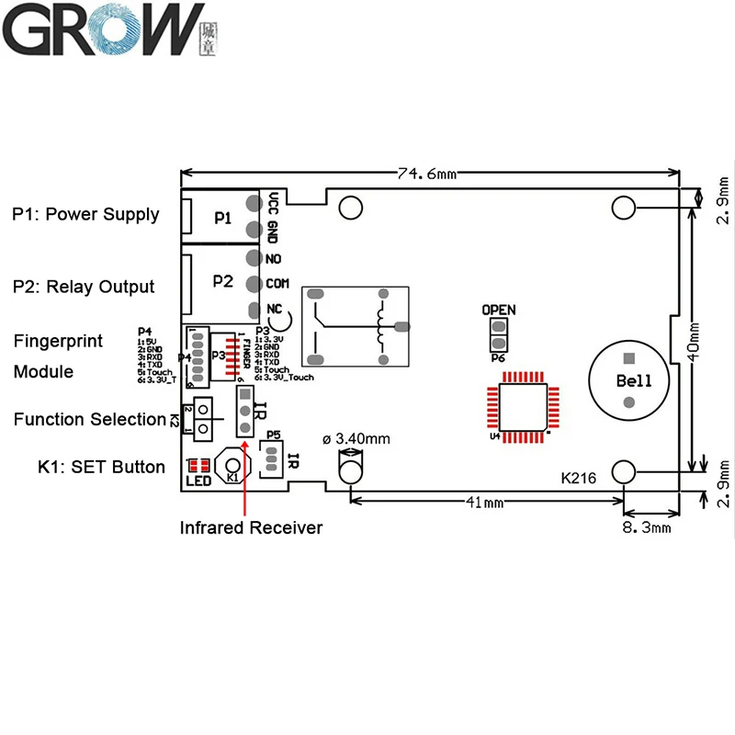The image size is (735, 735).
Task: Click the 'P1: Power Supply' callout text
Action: pos(85,215)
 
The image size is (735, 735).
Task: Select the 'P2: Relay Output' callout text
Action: pos(84,287)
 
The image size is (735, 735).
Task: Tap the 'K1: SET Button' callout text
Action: pos(88,467)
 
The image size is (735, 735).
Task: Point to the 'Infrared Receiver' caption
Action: pos(251,527)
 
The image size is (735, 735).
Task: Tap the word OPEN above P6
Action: pos(499,310)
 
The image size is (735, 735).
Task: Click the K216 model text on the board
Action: pos(579,478)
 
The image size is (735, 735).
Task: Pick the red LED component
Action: pos(198,465)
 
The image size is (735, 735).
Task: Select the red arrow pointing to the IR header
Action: pos(245,459)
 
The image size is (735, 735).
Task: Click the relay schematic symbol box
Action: pos(356,328)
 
